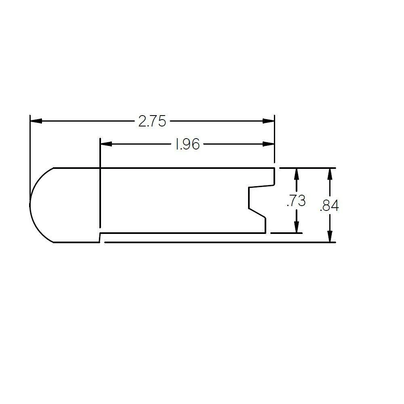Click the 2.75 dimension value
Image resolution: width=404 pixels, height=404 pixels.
152,121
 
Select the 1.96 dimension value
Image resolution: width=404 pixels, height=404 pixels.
187,144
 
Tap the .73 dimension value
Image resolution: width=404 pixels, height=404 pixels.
296,201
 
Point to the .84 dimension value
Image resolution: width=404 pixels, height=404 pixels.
329,206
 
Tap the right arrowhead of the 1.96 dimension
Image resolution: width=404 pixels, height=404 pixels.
268,144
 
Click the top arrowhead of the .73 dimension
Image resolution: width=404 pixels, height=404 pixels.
297,174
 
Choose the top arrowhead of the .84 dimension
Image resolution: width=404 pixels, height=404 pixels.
330,174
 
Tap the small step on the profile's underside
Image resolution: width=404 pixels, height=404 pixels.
100,238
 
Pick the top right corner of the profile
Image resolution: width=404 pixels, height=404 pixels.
275,168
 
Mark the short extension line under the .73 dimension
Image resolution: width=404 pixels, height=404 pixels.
286,233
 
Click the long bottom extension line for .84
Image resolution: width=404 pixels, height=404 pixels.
218,242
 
